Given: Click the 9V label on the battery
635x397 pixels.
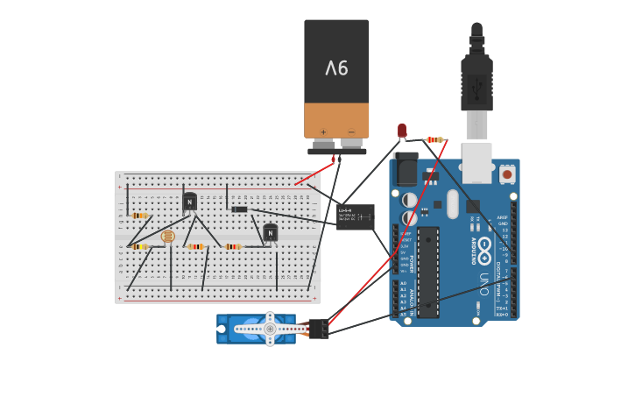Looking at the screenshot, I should point(336,67).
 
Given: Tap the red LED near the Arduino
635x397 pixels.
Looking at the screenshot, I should point(402,131).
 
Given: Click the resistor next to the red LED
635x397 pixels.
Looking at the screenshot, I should point(434,139).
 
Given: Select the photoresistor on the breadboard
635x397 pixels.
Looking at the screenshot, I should point(168,236).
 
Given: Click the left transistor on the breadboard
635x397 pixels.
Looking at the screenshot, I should point(190,202).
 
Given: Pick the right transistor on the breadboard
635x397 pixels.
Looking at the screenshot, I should point(271,232).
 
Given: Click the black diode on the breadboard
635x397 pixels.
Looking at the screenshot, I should point(239,209).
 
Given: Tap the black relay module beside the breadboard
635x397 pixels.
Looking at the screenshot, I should point(356,216).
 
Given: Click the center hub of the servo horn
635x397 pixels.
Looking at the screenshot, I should point(270,329).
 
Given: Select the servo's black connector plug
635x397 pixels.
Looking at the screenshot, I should point(319,329).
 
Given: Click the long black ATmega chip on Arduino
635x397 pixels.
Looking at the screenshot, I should point(427,272).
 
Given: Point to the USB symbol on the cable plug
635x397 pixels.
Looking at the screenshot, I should point(477,87).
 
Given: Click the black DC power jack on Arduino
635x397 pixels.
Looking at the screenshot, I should point(406,168).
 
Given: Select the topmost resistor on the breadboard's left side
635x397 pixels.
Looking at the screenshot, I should point(139,215).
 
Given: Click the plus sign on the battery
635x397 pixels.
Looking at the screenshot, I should point(323,131).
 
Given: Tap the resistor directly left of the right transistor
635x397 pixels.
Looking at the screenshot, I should point(232,246).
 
